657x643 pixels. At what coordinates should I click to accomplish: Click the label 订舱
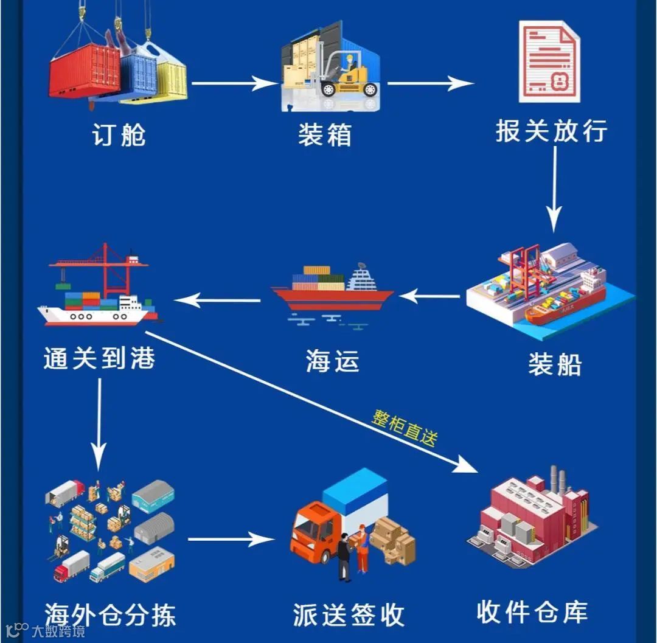(119, 135)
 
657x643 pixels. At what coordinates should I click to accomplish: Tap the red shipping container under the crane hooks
(84, 71)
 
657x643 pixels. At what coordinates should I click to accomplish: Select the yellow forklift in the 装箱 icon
(350, 76)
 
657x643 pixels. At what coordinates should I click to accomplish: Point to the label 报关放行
(551, 131)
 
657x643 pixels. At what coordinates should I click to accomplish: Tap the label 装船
(555, 364)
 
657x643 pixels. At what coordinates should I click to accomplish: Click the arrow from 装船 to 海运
(429, 297)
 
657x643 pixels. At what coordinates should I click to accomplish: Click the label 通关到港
(100, 358)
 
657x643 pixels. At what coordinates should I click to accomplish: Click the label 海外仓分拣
(111, 615)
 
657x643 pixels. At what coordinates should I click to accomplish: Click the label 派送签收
(349, 615)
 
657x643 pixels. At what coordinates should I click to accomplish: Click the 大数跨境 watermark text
(58, 630)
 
